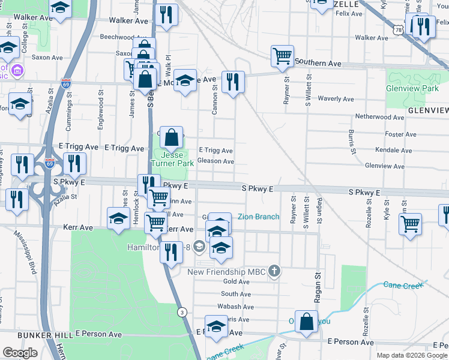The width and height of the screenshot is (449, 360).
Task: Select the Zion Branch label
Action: pos(259,217)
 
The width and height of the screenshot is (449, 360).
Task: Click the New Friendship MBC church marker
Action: pos(274,271)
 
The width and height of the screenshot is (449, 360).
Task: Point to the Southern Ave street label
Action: pos(318,63)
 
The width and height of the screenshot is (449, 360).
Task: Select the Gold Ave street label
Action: pos(236,281)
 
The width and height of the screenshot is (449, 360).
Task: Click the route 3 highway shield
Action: pos(181,311)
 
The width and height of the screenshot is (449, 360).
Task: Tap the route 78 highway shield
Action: pos(399,29)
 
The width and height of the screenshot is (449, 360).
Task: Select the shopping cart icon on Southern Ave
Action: pos(282,56)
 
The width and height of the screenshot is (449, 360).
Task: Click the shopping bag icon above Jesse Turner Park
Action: pos(171,137)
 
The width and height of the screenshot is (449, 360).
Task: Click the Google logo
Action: pos(20,352)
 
